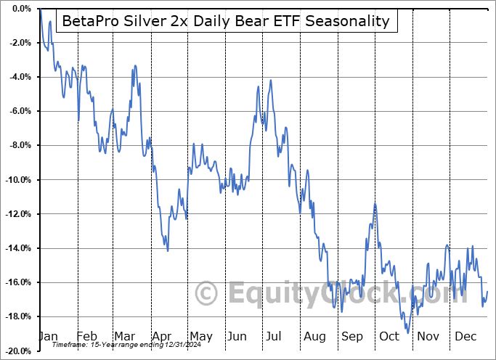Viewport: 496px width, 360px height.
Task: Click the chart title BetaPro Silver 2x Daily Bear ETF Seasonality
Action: point(226,22)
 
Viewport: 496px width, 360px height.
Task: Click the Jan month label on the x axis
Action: point(48,337)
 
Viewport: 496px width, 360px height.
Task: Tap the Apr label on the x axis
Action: point(162,337)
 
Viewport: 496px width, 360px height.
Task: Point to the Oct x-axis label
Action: point(389,337)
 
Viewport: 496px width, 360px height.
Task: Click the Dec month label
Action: point(465,337)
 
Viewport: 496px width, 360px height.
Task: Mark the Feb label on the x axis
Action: point(86,337)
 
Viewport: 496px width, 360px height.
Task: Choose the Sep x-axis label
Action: point(352,337)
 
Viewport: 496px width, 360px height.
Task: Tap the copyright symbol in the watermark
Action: point(207,294)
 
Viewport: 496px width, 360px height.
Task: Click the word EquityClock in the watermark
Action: point(312,294)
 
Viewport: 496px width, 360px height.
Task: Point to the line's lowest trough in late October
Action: point(408,332)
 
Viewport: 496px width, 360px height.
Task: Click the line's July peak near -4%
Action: point(270,81)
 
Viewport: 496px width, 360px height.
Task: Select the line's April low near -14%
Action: point(168,250)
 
